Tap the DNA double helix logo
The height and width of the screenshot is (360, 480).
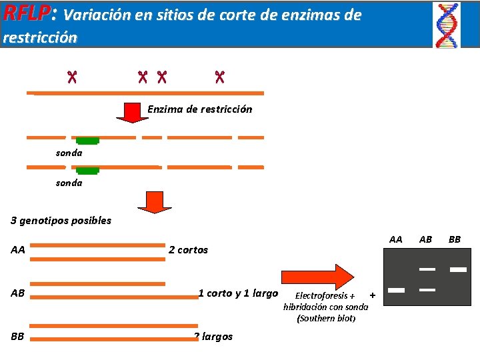pos(446,25)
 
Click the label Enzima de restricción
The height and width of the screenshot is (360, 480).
pos(199,109)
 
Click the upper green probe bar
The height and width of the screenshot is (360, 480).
pos(87,141)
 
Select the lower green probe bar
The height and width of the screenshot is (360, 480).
pos(87,171)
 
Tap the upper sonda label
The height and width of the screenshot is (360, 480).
pos(69,153)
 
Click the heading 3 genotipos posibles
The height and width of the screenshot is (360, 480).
pos(61,220)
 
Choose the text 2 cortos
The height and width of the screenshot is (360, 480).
pos(188,250)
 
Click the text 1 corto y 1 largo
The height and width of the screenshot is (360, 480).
pos(237,293)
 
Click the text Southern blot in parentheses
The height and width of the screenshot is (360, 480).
pos(326,318)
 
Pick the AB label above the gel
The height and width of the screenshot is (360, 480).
pos(425,239)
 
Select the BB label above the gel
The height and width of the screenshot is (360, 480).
pos(454,239)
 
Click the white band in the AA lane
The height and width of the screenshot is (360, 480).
pos(397,290)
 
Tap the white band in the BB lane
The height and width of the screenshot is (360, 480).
pos(457,269)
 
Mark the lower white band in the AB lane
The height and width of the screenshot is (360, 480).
pos(427,290)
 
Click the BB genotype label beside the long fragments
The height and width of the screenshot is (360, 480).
pos(18,336)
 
